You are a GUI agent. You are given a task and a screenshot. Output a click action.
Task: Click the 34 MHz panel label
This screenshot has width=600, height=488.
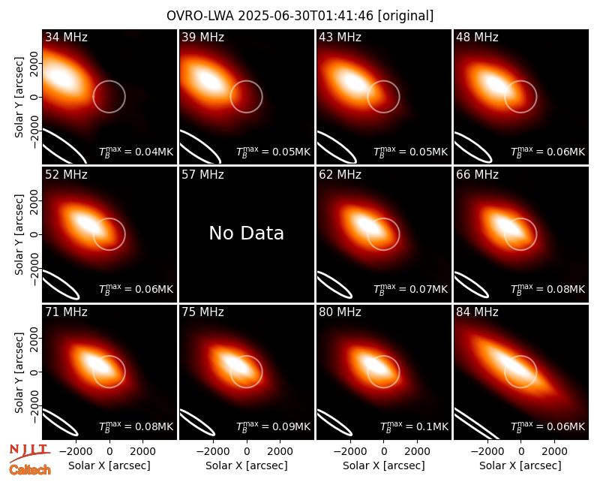(x=66, y=37)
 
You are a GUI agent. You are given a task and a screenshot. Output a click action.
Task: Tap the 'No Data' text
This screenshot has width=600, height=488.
(x=247, y=233)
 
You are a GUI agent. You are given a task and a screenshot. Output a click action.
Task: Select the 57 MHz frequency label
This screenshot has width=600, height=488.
(x=202, y=175)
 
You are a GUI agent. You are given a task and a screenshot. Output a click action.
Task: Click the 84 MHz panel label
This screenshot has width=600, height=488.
(x=477, y=312)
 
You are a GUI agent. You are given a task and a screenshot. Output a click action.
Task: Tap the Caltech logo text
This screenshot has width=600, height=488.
(x=30, y=470)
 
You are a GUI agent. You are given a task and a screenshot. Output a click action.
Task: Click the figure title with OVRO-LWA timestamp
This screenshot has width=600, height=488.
(x=300, y=16)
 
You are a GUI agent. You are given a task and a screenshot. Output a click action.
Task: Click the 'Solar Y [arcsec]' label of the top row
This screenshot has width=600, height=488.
(x=19, y=98)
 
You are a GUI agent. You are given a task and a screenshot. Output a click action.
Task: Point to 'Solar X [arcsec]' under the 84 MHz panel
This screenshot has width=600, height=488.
(x=520, y=465)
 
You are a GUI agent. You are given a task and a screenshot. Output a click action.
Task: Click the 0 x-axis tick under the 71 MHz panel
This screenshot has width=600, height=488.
(x=109, y=452)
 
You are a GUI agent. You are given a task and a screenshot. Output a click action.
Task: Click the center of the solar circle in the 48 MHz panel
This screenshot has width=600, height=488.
(x=520, y=97)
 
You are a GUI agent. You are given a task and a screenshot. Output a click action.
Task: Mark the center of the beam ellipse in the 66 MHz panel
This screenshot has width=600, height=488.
(x=472, y=285)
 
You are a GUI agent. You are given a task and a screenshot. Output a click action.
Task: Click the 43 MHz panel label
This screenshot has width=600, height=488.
(x=340, y=37)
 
